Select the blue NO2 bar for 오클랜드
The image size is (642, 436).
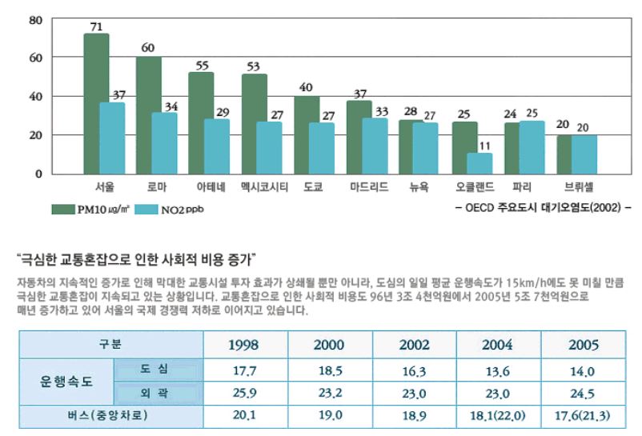[479, 162]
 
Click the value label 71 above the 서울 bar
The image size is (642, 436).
[96, 27]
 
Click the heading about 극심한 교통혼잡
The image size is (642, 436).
[135, 259]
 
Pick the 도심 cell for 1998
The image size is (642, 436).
[243, 370]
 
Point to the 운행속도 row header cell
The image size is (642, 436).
[67, 382]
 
